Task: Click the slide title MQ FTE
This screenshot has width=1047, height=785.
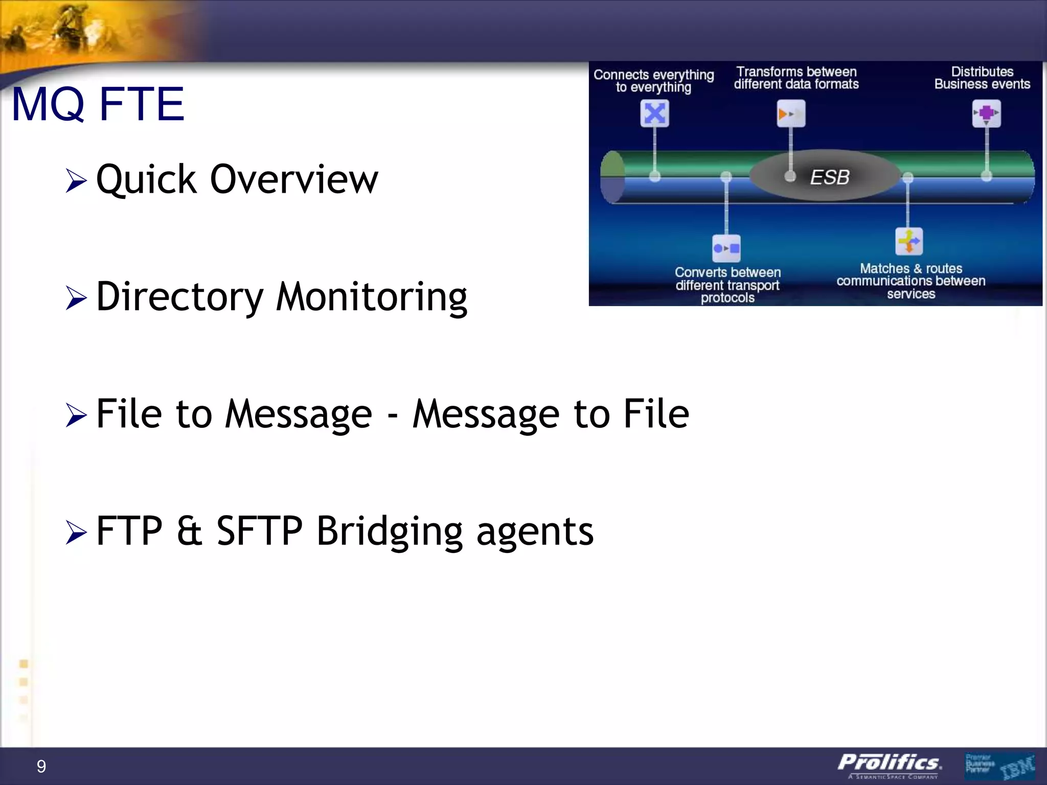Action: (98, 105)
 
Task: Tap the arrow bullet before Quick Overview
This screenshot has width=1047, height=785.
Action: (76, 181)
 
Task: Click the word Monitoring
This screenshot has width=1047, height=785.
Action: (372, 297)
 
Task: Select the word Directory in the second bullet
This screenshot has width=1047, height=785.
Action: (179, 297)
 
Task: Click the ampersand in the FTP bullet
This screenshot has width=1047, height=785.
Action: (189, 532)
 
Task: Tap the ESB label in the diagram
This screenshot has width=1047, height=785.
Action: (829, 177)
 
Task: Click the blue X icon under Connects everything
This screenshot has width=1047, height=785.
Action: (654, 113)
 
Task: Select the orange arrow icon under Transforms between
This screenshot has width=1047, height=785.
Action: (790, 113)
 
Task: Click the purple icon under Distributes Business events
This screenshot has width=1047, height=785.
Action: (986, 113)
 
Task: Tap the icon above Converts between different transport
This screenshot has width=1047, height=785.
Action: (726, 248)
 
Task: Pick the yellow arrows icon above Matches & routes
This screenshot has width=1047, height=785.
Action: (908, 241)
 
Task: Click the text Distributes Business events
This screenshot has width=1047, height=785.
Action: (982, 78)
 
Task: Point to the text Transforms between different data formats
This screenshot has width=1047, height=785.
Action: (796, 78)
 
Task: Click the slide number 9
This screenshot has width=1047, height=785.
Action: (41, 766)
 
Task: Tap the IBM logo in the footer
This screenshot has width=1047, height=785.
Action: (1017, 767)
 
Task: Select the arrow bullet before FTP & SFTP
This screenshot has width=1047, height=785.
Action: (76, 533)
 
